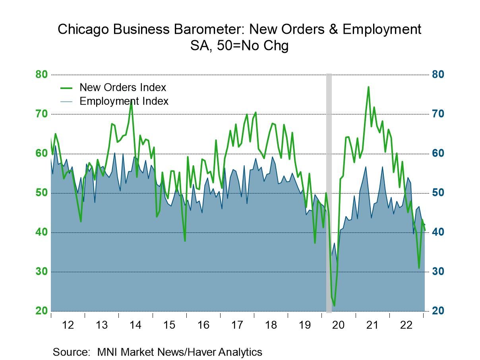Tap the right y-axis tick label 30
click(438, 272)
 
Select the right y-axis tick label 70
click(438, 114)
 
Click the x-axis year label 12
click(68, 325)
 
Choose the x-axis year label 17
click(237, 325)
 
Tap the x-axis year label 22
click(406, 325)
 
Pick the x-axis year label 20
click(338, 325)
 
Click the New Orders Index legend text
click(123, 87)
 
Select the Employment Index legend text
click(124, 101)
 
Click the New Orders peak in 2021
click(368, 87)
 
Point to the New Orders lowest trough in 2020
click(334, 306)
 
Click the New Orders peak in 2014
click(131, 101)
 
